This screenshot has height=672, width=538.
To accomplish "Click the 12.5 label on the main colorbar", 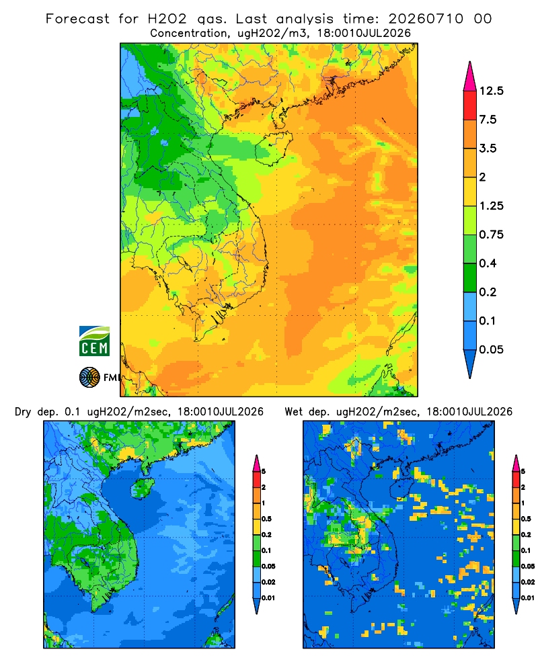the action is pyautogui.click(x=491, y=91).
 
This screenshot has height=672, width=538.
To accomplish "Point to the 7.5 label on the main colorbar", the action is pyautogui.click(x=488, y=120).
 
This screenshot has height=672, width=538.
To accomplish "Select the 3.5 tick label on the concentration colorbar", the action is pyautogui.click(x=488, y=149).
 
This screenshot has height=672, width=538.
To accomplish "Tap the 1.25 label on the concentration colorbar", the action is pyautogui.click(x=491, y=206).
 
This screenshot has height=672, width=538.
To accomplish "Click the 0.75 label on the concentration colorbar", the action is pyautogui.click(x=491, y=235).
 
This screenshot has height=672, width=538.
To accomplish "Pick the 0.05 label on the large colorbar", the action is pyautogui.click(x=491, y=349).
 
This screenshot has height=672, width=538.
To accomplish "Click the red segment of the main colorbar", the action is pyautogui.click(x=470, y=106).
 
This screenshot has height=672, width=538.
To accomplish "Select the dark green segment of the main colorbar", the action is pyautogui.click(x=470, y=278).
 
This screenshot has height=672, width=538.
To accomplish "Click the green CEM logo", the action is pyautogui.click(x=94, y=341).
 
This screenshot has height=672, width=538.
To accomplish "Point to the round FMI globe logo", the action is pyautogui.click(x=89, y=377).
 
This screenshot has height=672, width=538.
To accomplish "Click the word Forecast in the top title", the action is pyautogui.click(x=77, y=19).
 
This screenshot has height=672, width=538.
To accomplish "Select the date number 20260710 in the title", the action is pyautogui.click(x=426, y=19).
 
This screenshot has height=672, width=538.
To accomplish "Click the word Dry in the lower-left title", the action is pyautogui.click(x=23, y=412).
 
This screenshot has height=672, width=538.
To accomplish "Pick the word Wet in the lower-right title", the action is pyautogui.click(x=294, y=412).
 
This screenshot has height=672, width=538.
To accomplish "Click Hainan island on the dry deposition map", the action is pyautogui.click(x=142, y=489).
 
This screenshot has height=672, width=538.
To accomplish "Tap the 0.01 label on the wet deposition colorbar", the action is pyautogui.click(x=528, y=598).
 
